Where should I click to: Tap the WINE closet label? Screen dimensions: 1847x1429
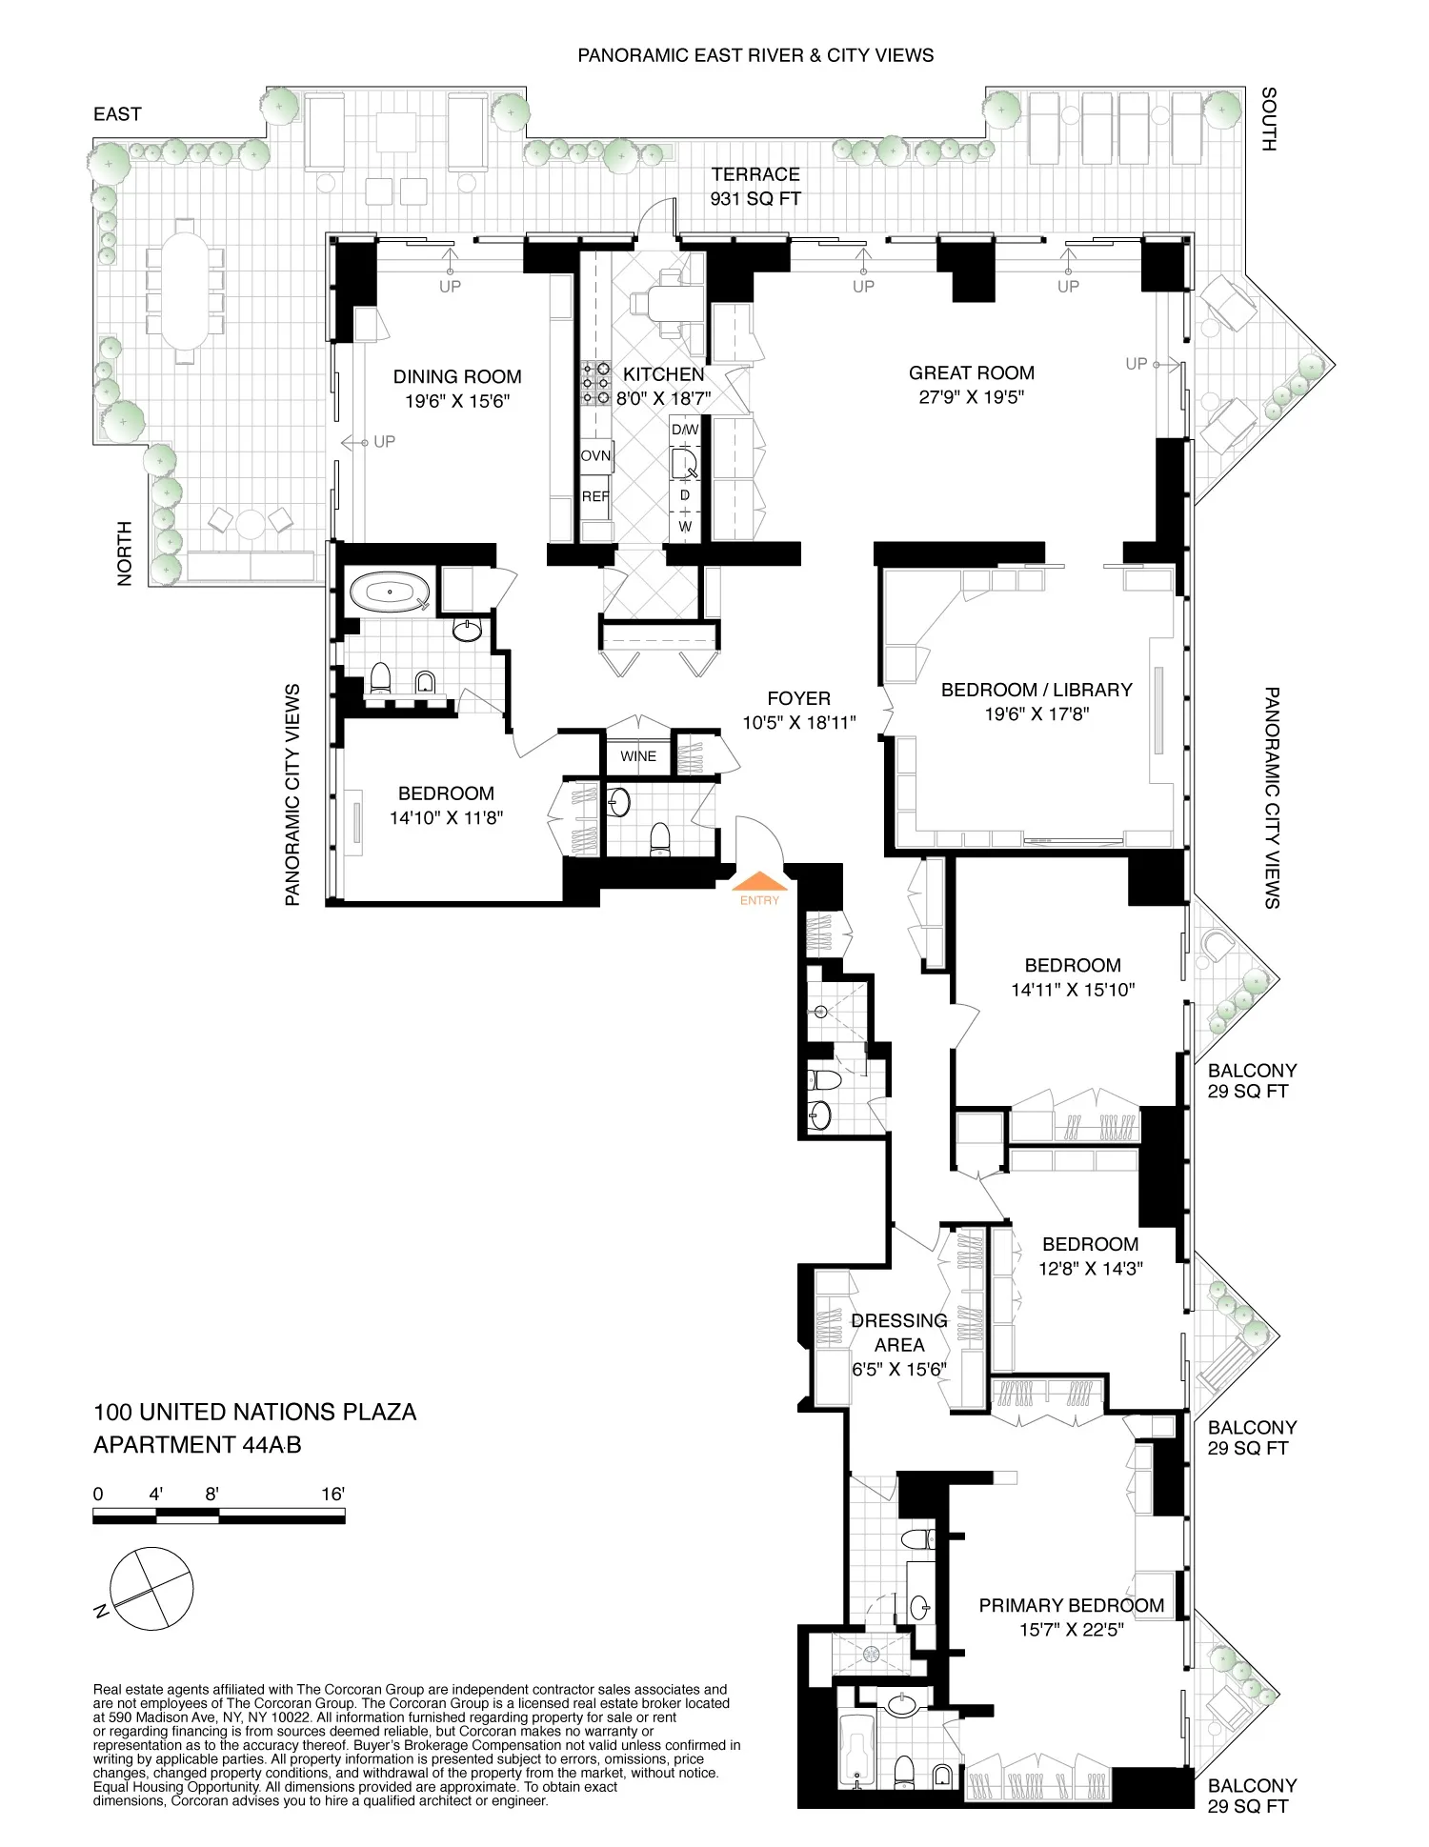[x=638, y=756]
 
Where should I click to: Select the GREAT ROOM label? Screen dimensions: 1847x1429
[x=971, y=373]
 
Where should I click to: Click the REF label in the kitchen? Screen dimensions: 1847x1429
[x=595, y=496]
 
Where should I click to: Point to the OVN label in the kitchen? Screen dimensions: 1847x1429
[x=595, y=456]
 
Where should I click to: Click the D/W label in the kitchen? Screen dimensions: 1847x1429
[x=685, y=430]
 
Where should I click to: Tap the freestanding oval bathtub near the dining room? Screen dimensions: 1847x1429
[x=390, y=592]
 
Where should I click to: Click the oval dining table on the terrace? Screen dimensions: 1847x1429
[x=186, y=291]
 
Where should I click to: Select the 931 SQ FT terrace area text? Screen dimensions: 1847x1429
[x=755, y=199]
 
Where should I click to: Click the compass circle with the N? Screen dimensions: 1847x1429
[x=151, y=1589]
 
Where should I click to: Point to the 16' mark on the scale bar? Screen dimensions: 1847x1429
[x=332, y=1494]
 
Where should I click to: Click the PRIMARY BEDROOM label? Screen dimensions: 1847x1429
[x=1071, y=1606]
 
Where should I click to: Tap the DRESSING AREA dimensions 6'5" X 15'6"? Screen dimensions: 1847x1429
[x=899, y=1370]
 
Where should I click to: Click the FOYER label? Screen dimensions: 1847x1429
[x=798, y=699]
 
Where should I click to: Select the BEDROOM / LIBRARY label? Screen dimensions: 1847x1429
[x=1037, y=690]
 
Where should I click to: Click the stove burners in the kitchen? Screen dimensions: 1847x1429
[x=595, y=383]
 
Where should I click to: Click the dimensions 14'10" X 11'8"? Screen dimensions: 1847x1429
[x=446, y=817]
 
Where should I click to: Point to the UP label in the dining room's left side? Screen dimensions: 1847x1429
[x=384, y=442]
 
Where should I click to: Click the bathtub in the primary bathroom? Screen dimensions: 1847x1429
[x=858, y=1751]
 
